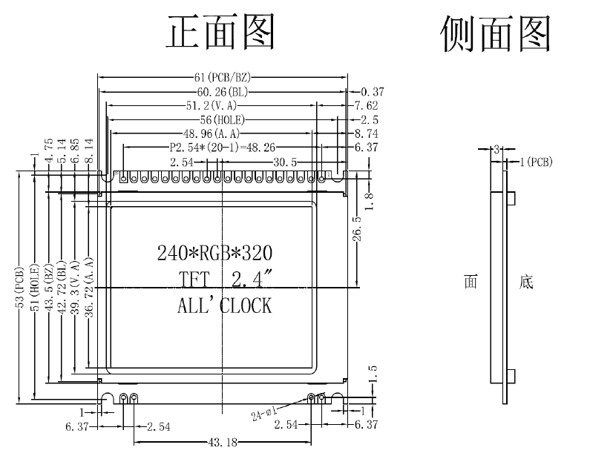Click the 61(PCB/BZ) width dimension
(222, 77)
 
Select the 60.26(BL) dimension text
(223, 92)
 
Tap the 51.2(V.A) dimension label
(212, 105)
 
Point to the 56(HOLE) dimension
(223, 120)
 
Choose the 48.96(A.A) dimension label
(212, 133)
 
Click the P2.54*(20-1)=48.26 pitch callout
(223, 148)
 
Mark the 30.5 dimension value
(285, 162)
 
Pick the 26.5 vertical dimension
(357, 228)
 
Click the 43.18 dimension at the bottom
(223, 443)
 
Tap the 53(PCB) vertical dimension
(19, 287)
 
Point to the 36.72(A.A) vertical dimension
(89, 287)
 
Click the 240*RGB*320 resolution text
(214, 253)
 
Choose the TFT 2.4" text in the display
(225, 280)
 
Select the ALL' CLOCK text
(224, 305)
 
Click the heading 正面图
(221, 32)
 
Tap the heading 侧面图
(496, 33)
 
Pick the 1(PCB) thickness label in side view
(536, 162)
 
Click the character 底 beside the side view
(526, 282)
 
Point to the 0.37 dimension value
(373, 92)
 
